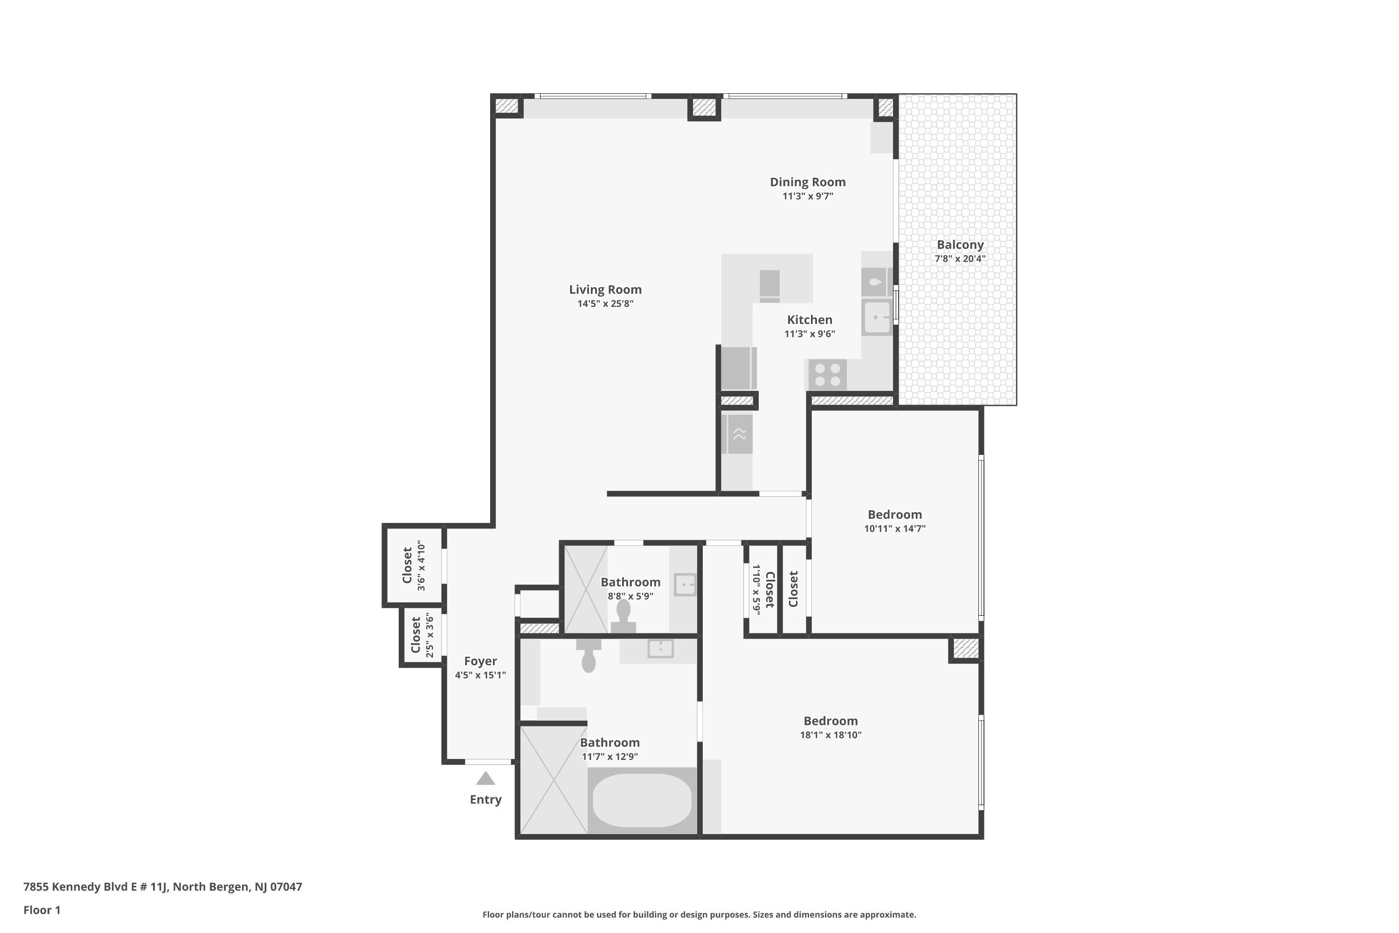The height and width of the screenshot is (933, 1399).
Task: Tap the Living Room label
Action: tap(605, 290)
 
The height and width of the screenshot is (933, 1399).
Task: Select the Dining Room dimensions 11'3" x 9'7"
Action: tap(807, 196)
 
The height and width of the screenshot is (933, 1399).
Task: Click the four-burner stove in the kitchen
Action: tap(827, 375)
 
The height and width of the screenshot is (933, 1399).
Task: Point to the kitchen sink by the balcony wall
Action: tap(877, 318)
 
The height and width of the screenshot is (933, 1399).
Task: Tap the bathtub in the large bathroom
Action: tap(642, 801)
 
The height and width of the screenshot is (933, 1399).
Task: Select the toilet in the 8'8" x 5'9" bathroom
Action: tap(623, 615)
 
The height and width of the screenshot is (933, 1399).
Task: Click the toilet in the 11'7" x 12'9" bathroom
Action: tap(588, 656)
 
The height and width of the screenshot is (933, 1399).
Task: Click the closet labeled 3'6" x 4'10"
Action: tap(413, 565)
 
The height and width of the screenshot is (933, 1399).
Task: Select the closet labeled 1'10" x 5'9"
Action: tap(762, 589)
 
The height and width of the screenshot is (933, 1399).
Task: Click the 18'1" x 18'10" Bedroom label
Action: tap(831, 721)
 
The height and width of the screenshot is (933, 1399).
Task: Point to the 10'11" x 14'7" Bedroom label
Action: tap(894, 515)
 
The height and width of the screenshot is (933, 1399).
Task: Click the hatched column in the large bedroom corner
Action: tap(965, 648)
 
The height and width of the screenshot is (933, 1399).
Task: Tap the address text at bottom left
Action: tap(162, 887)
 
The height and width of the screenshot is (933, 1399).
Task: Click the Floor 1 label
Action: tap(42, 910)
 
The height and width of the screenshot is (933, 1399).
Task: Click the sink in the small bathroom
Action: tap(685, 585)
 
